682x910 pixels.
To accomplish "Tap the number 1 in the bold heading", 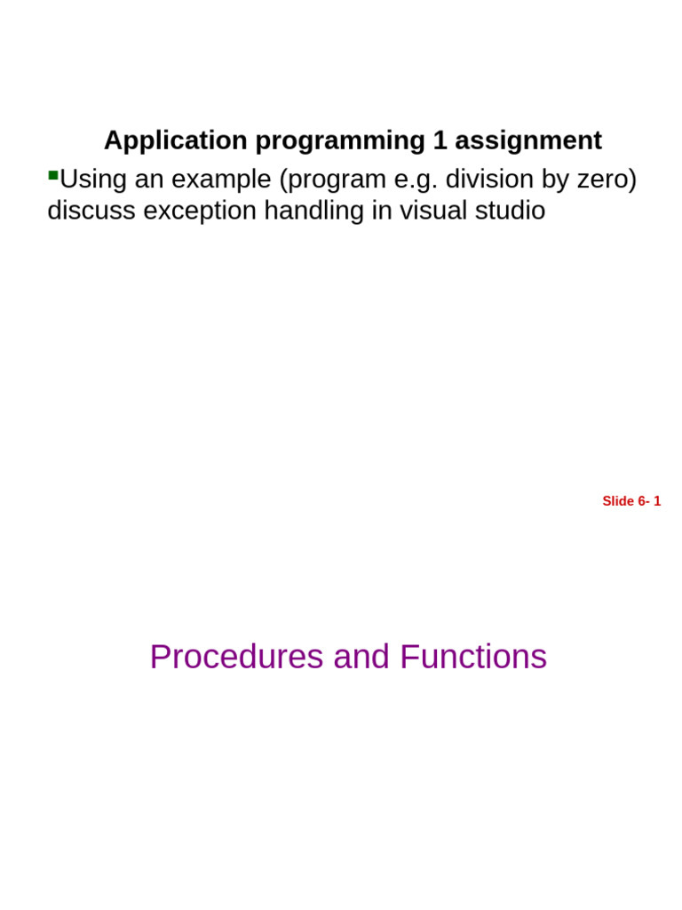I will coord(440,140).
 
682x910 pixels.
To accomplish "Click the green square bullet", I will coord(52,175).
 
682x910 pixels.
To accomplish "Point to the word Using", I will coord(93,180).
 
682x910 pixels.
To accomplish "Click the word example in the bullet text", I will coord(221,180).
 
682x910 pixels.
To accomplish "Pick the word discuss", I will coord(91,211).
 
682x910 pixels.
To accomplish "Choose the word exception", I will coord(201,211).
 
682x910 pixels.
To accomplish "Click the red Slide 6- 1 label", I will coord(631,501).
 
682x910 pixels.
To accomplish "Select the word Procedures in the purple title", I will coord(236,657).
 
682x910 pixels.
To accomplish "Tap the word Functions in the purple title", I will coord(472,657).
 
